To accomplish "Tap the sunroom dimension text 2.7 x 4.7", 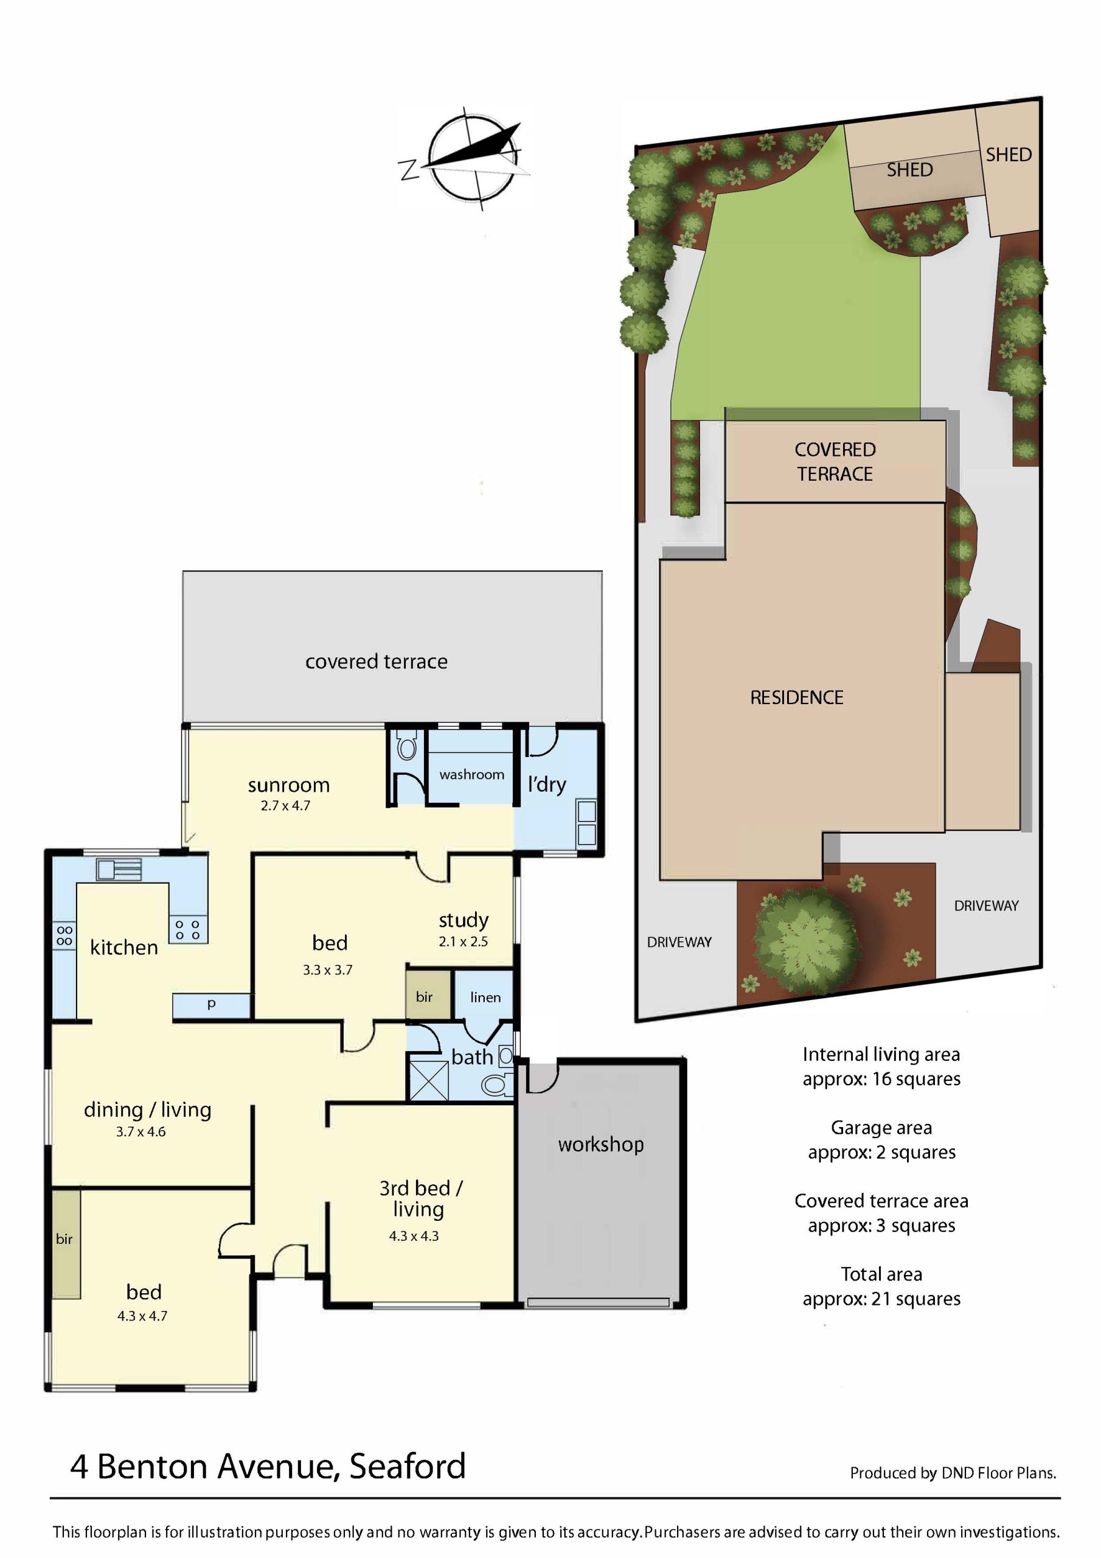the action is [x=285, y=805].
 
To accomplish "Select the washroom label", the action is [x=471, y=774].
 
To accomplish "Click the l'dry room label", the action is [x=547, y=784].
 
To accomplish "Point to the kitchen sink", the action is [x=119, y=869].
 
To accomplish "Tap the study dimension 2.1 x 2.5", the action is [x=464, y=941].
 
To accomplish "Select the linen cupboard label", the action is [x=485, y=997].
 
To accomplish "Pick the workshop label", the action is [x=601, y=1144].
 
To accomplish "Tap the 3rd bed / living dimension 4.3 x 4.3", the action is [x=414, y=1235].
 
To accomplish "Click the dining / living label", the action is [x=148, y=1109].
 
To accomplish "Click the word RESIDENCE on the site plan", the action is [x=796, y=697].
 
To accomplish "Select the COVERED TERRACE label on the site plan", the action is [x=835, y=461].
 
